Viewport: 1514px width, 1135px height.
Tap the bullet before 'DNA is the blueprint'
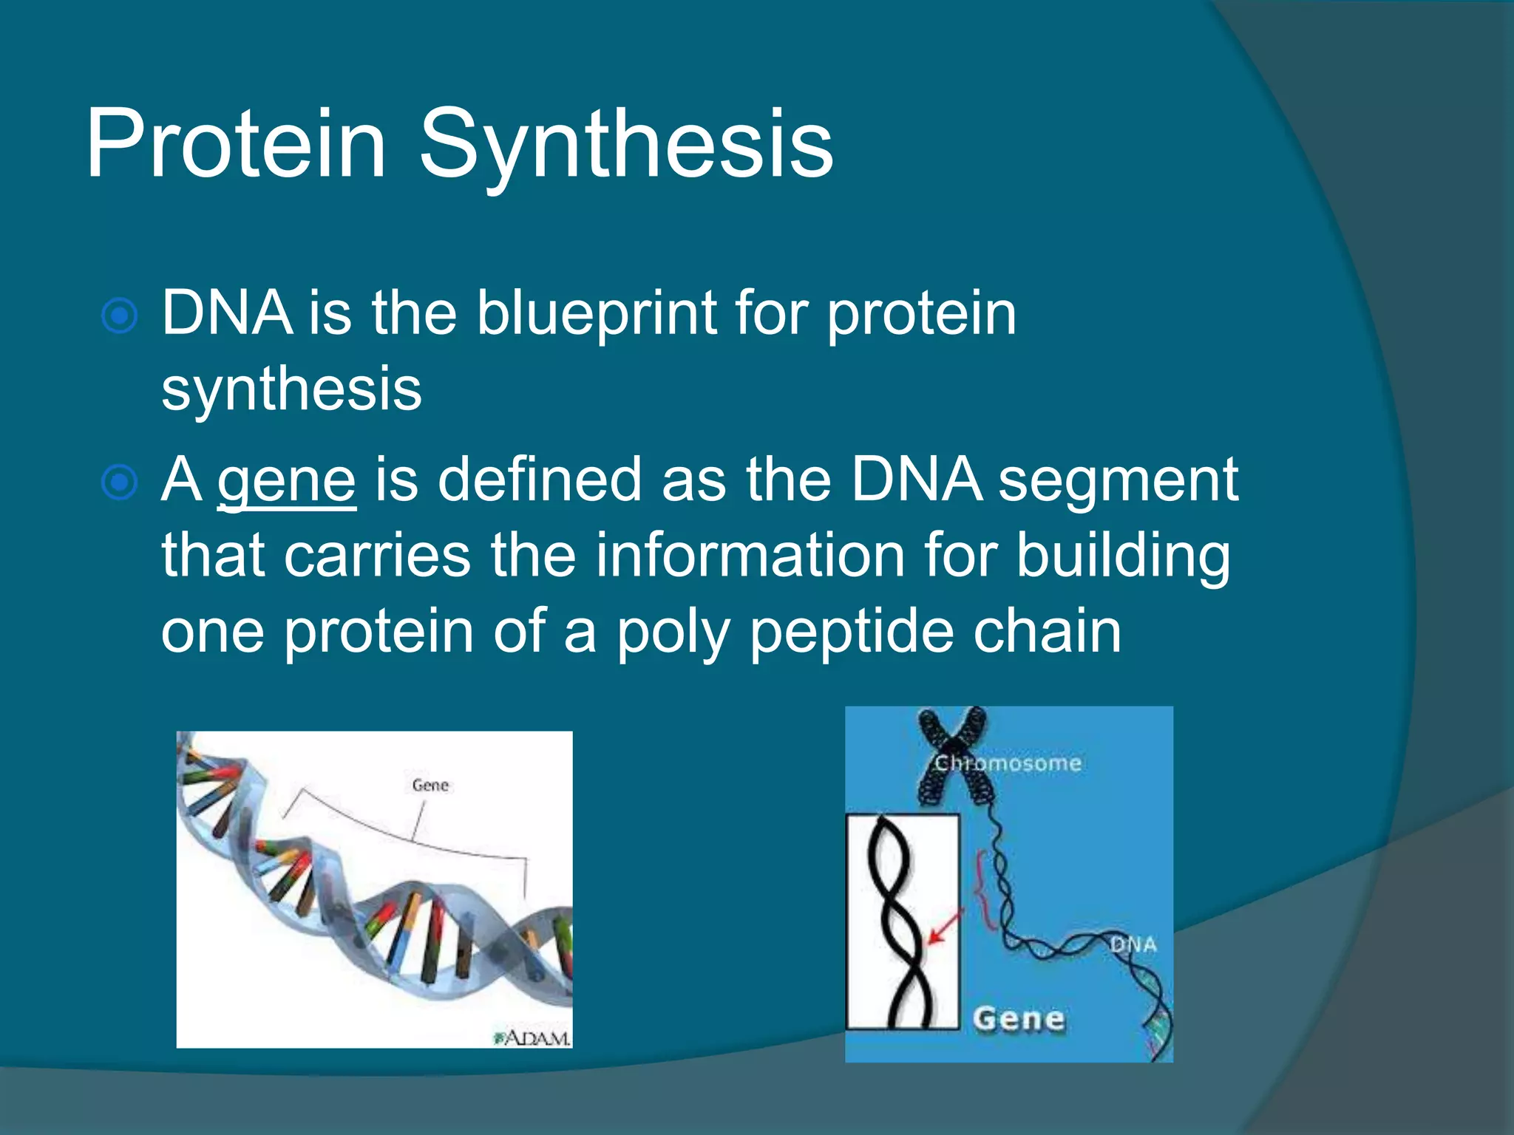tap(119, 316)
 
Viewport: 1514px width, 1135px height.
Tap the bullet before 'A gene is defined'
tap(119, 483)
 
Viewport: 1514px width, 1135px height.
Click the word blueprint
tap(597, 314)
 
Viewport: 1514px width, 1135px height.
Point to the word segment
tap(1118, 480)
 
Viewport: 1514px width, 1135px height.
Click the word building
tap(1122, 556)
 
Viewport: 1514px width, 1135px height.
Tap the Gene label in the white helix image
tap(430, 785)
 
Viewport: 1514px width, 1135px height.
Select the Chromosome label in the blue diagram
tap(1008, 763)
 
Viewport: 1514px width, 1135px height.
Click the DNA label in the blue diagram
tap(1133, 944)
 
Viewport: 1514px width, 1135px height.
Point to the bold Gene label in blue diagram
tap(1019, 1019)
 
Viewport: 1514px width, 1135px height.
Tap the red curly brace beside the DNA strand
tap(983, 890)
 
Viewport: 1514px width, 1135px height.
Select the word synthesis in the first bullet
tap(291, 389)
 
